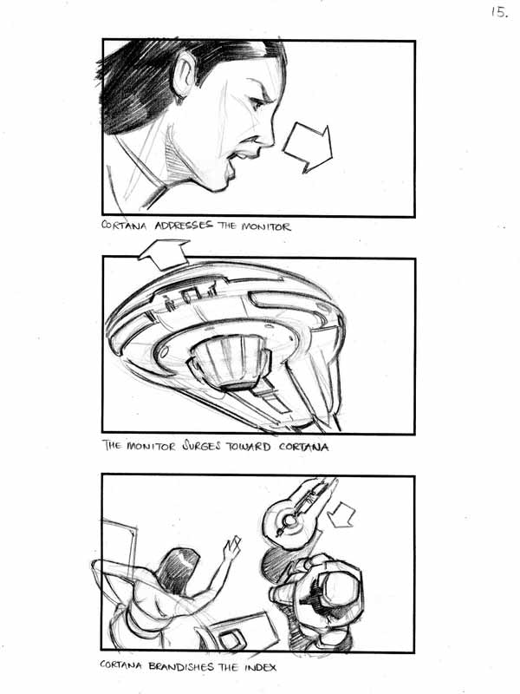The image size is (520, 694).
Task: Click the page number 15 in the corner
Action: click(499, 12)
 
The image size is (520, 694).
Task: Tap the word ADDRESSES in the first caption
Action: click(183, 226)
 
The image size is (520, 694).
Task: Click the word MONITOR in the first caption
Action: click(266, 226)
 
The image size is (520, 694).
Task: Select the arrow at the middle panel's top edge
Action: click(164, 253)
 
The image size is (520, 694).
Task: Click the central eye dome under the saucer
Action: click(230, 359)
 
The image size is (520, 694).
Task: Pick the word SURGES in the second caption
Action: click(201, 446)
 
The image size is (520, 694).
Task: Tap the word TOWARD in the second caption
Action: click(248, 447)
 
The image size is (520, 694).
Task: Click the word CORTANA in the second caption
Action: click(304, 447)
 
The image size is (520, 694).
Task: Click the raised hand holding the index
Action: click(231, 549)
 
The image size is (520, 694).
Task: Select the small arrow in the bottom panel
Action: click(341, 514)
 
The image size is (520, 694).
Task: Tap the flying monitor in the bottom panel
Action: click(296, 514)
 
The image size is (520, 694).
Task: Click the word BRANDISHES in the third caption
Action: click(181, 666)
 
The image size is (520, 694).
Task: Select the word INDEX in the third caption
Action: click(261, 667)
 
